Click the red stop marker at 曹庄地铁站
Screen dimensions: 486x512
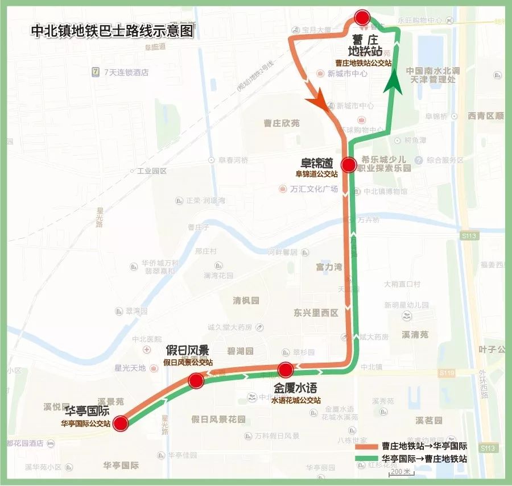click(362, 18)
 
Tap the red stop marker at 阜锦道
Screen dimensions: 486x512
click(348, 165)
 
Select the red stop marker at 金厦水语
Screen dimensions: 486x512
click(286, 370)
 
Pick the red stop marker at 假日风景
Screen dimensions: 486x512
click(196, 380)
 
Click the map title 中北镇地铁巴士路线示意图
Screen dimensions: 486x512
click(112, 31)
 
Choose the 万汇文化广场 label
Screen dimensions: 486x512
click(313, 189)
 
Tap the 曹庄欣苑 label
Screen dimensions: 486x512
click(281, 123)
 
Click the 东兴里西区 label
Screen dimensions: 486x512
click(316, 313)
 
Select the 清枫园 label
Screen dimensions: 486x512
click(246, 300)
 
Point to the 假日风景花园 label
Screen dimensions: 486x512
click(218, 419)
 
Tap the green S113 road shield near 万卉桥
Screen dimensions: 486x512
click(470, 235)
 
